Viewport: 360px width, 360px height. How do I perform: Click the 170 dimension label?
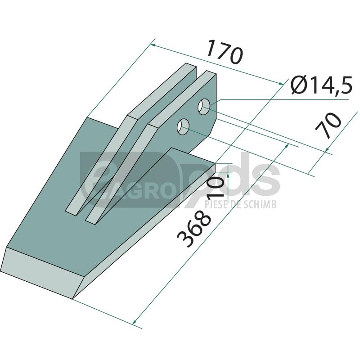[x=224, y=52]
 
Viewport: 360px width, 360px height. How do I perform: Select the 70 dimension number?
[x=328, y=125]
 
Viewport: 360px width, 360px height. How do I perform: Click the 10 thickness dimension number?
[x=216, y=188]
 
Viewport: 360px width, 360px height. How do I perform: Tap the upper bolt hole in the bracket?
[x=204, y=107]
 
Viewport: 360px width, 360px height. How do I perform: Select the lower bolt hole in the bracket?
[x=183, y=127]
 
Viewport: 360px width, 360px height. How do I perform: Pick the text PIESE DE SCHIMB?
[x=240, y=204]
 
